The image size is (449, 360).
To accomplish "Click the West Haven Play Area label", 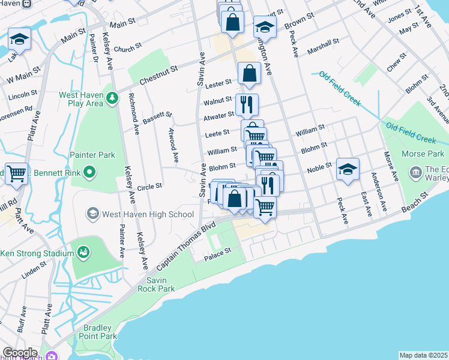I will tap(82, 98).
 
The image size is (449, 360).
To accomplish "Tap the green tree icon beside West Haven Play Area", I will tap(112, 97).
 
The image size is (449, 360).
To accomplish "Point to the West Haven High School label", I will tap(147, 214).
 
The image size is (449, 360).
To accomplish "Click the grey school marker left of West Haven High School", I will tap(92, 213).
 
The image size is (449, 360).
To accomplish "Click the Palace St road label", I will tap(219, 254).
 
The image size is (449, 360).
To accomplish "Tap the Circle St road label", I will tap(150, 187).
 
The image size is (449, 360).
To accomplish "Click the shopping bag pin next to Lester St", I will tap(249, 74).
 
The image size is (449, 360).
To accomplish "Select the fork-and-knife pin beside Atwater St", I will tap(247, 105).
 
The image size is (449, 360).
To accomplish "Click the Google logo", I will tap(19, 353).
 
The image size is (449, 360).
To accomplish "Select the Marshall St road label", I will tap(323, 46).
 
